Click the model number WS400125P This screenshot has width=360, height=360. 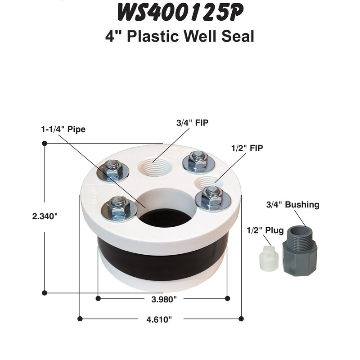[180, 13]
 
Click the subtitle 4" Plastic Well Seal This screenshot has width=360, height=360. [180, 36]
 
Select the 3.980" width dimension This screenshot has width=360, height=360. [162, 298]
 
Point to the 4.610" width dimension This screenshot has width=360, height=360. [160, 319]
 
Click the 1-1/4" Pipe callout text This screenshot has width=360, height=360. [61, 129]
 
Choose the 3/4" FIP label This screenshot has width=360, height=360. [191, 122]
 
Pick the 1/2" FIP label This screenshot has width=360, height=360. [246, 147]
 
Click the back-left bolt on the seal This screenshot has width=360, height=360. [112, 169]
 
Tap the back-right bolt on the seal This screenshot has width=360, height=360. [197, 160]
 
